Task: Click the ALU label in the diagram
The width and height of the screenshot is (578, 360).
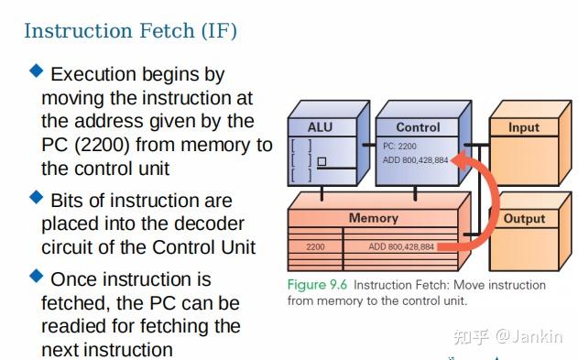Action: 320,127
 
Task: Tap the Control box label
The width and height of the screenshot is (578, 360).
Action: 418,127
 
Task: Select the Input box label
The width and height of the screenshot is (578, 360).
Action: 524,127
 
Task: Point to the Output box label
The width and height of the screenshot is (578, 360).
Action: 524,218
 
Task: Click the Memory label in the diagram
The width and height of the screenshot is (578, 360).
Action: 373,218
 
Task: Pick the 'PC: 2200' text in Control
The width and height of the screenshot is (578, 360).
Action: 401,146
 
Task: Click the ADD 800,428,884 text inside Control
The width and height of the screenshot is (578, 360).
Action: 415,160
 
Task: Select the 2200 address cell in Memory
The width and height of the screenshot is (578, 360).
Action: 315,246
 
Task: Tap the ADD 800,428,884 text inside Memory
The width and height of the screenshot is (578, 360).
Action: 401,246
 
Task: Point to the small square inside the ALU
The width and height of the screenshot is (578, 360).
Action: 321,161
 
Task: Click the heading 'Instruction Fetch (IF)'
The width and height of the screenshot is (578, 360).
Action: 130,30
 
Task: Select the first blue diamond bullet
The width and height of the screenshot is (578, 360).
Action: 37,71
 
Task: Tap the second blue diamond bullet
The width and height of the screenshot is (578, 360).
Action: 37,197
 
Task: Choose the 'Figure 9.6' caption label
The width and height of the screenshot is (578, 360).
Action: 318,285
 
